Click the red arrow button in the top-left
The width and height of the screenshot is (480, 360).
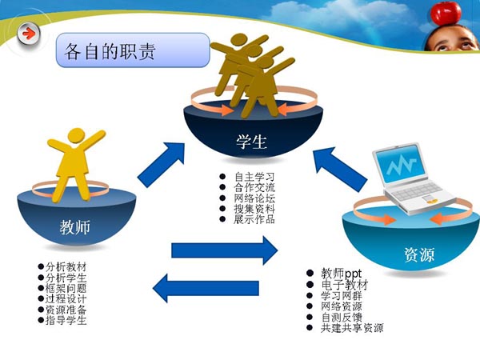[x=29, y=34]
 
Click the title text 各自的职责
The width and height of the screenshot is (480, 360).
[x=110, y=51]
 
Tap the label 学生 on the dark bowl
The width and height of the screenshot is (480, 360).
[x=251, y=142]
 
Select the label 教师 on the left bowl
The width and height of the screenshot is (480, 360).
[x=75, y=227]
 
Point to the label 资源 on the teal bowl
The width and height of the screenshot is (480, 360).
[x=419, y=254]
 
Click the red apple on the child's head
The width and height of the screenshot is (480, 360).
[x=446, y=13]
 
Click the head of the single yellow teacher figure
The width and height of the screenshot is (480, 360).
[x=76, y=136]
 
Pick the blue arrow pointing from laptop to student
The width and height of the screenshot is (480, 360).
[x=339, y=169]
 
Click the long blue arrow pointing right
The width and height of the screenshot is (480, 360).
[x=224, y=250]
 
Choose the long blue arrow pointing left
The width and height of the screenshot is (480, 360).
[x=206, y=288]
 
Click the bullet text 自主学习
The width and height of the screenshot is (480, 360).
[x=254, y=177]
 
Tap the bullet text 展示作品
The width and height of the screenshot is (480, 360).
[x=254, y=219]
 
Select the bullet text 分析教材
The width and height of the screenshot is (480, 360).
[x=66, y=267]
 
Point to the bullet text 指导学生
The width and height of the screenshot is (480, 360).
[x=66, y=320]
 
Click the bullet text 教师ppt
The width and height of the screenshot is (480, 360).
[x=342, y=273]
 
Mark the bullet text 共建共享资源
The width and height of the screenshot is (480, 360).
[x=352, y=328]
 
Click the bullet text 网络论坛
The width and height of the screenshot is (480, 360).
[x=254, y=198]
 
